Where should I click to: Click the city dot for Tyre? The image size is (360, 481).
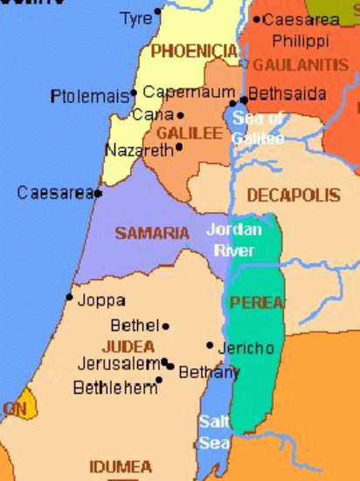coord(158,14)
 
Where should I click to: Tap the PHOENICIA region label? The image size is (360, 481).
coord(194,52)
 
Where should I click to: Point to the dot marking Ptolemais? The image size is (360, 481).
coord(134,93)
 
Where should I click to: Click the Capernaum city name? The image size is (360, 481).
coord(189,92)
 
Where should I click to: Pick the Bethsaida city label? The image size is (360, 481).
coord(287,93)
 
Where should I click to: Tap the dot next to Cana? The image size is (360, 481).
coord(181,114)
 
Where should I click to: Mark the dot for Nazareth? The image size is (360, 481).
coord(179,147)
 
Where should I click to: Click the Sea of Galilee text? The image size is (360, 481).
coord(258,128)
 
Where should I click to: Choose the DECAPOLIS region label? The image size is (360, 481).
coord(293,196)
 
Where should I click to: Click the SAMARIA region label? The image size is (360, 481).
coord(152,233)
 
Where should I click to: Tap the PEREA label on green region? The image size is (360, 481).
coord(256,303)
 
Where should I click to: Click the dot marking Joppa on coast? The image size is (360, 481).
coord(69,298)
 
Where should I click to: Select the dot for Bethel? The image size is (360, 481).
coord(166,326)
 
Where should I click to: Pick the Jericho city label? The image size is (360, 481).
coord(246,348)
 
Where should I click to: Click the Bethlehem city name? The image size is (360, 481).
coord(114,387)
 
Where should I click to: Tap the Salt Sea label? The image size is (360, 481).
coord(214,431)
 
